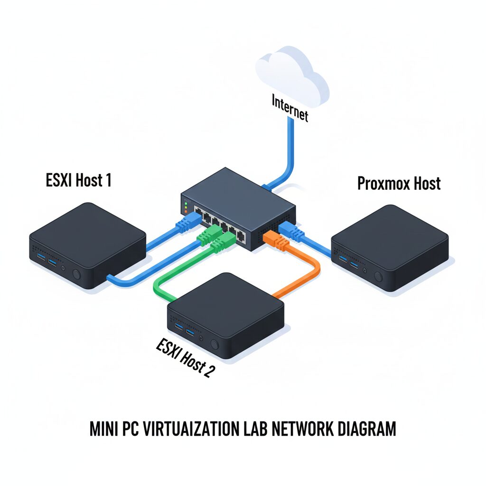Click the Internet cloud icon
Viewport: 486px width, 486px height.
(x=291, y=76)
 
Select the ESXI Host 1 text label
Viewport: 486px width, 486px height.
(x=79, y=180)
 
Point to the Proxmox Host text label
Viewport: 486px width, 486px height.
(x=399, y=183)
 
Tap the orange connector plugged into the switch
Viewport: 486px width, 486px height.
(x=276, y=240)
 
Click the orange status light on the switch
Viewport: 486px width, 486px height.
(x=186, y=211)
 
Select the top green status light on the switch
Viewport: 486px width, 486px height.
(x=186, y=203)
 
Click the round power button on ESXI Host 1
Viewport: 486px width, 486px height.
(x=76, y=274)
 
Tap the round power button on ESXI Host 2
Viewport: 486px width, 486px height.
(x=215, y=345)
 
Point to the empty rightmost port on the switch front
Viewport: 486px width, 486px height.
(x=241, y=235)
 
